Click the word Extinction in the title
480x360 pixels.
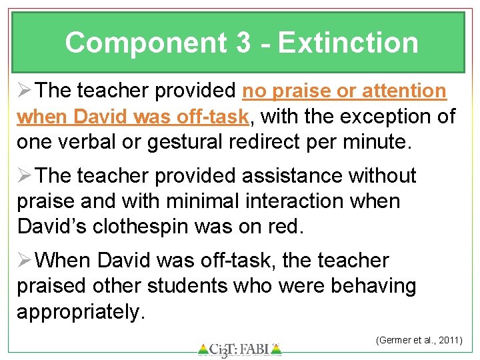click(348, 43)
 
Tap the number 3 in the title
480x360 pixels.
click(243, 43)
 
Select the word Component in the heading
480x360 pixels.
click(145, 43)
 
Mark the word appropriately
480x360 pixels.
click(80, 312)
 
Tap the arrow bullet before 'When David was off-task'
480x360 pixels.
click(25, 260)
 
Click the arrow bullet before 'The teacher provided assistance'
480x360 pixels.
click(25, 176)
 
